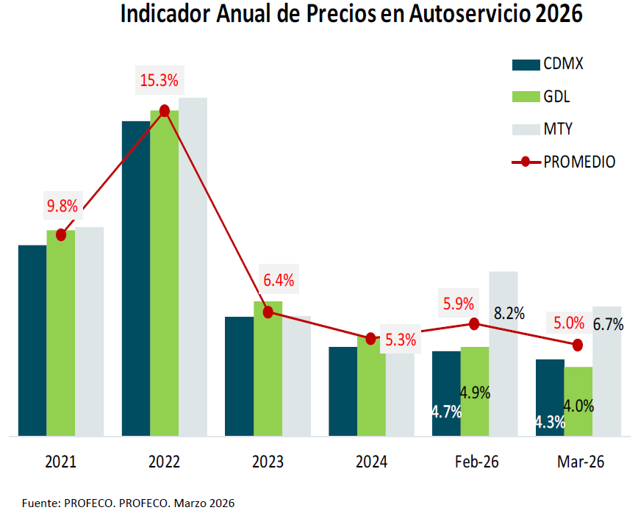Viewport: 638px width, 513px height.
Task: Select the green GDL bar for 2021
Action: click(61, 338)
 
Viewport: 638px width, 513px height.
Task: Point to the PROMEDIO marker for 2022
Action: click(165, 110)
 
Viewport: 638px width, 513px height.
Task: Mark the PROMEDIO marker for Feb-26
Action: click(474, 323)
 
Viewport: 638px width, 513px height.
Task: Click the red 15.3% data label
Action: click(159, 80)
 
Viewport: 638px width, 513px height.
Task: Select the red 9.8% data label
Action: click(62, 207)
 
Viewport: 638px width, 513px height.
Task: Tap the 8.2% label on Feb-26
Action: click(509, 313)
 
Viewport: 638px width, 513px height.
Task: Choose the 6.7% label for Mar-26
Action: click(608, 324)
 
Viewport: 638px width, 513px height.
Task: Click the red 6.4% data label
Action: click(279, 280)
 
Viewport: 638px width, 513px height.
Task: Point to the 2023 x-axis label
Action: click(268, 462)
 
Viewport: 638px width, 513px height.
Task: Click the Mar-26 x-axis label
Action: click(581, 462)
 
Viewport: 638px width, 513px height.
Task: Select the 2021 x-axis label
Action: click(60, 462)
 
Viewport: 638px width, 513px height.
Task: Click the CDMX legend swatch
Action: click(525, 65)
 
